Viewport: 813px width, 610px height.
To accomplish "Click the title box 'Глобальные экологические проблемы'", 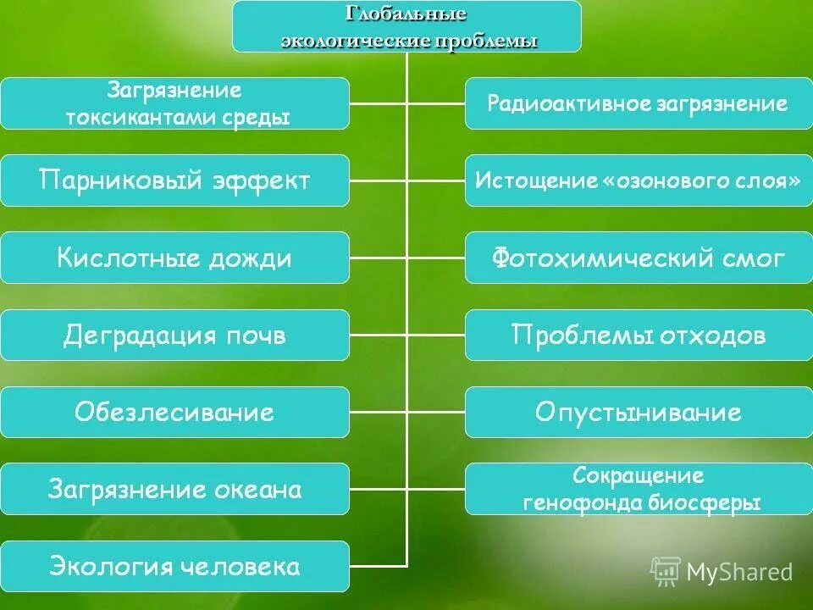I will tap(407, 26).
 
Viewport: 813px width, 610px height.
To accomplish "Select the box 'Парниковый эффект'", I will tap(174, 180).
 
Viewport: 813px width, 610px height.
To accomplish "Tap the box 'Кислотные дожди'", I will tap(174, 258).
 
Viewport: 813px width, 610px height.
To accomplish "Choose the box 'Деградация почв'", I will tap(174, 335).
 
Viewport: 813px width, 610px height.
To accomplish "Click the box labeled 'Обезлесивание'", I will tap(174, 413).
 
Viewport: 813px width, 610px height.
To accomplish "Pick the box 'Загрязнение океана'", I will tap(174, 490).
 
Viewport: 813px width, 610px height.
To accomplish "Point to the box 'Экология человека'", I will tap(174, 567).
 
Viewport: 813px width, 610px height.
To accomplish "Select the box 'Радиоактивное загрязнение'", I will tap(637, 103).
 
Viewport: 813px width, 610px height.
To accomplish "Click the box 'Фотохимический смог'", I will tap(637, 258).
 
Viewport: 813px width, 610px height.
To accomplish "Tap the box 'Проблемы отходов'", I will tap(637, 335).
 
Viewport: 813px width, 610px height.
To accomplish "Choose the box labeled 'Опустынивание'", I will tap(637, 413).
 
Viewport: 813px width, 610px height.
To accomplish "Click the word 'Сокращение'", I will tap(638, 476).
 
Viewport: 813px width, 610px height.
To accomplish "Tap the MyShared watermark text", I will tap(739, 572).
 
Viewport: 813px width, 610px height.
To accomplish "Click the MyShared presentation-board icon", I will tap(666, 571).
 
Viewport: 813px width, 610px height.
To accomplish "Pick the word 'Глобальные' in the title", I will tap(406, 14).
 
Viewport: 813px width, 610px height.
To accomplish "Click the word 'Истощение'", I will tap(525, 180).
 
